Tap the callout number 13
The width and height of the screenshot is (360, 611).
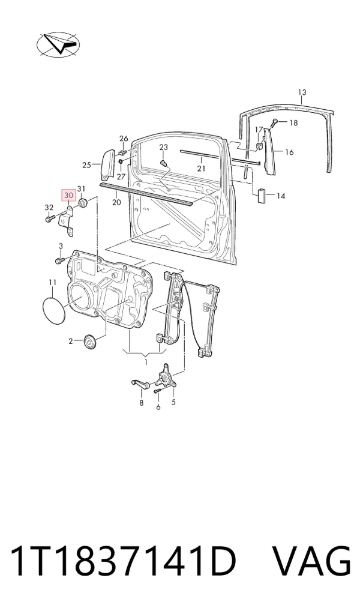click(x=302, y=92)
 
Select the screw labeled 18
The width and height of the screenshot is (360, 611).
click(x=275, y=122)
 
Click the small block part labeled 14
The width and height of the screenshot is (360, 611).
click(x=262, y=194)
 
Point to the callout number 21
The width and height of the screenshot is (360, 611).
click(x=201, y=169)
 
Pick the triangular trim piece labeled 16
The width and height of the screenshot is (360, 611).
click(x=269, y=152)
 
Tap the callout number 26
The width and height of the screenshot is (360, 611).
click(x=124, y=138)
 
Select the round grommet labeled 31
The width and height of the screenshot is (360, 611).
click(x=83, y=203)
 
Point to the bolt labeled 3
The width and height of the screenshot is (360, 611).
click(x=59, y=260)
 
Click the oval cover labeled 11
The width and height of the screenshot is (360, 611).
click(x=53, y=310)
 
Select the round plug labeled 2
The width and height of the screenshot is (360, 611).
click(x=91, y=342)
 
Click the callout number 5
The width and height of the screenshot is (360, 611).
click(x=173, y=402)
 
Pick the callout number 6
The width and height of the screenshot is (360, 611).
click(x=158, y=407)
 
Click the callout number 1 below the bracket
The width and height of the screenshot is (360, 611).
click(x=146, y=363)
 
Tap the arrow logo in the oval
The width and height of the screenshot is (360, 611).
click(x=58, y=45)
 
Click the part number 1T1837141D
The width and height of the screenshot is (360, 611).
click(x=124, y=562)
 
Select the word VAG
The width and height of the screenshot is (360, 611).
click(x=311, y=562)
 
